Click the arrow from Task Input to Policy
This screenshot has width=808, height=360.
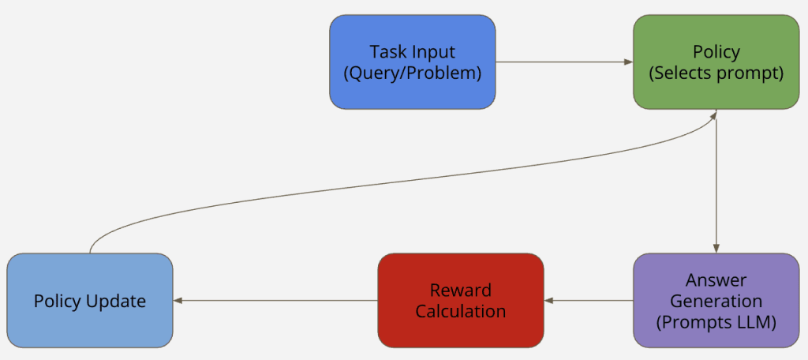coord(564,62)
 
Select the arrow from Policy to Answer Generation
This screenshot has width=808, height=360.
coord(716,182)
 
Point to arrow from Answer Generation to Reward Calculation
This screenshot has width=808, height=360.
coord(589,300)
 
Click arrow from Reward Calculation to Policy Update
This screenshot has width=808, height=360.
coord(276,300)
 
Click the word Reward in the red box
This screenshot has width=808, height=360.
coord(460,290)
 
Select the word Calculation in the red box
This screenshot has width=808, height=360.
coord(460,310)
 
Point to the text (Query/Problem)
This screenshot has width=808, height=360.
coord(412,73)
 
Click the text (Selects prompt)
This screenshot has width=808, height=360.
coord(716,73)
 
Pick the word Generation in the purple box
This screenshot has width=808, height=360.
coord(716,301)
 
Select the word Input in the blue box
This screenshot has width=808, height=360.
coord(436,52)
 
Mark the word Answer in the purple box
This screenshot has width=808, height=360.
coord(716,280)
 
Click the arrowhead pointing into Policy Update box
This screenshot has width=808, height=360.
coord(178,300)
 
